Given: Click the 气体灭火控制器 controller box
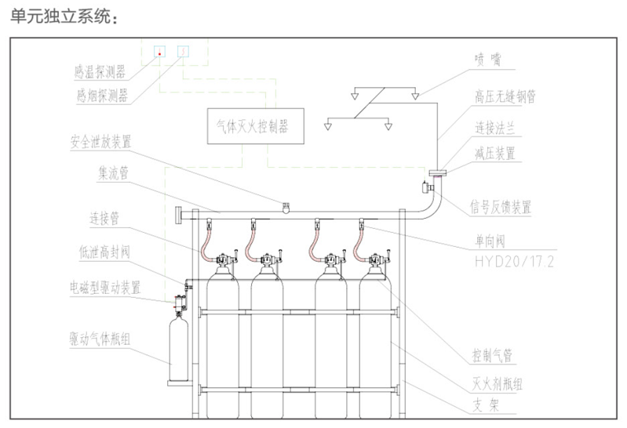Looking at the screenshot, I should click(253, 125).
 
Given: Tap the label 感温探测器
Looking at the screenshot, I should click(100, 74).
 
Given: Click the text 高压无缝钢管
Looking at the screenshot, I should click(505, 96).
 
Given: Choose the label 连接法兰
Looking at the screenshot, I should click(495, 126).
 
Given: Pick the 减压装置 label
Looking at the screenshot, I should click(495, 153).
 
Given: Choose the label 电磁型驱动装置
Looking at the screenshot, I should click(105, 288).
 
